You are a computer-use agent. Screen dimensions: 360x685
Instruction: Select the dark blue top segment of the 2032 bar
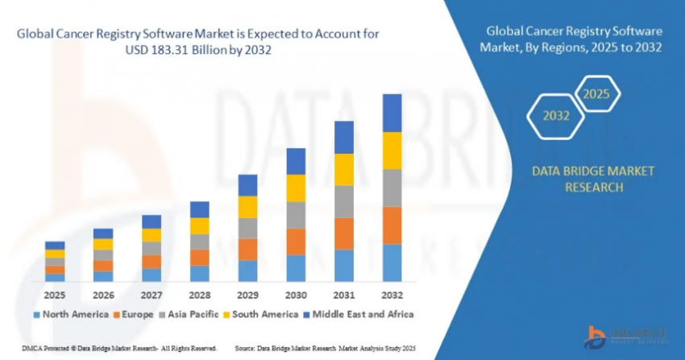(392, 113)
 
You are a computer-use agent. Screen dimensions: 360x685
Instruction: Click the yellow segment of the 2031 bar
(344, 169)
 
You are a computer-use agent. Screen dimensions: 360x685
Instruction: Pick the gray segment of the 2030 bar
(296, 214)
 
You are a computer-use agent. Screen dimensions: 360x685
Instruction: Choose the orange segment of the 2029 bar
(247, 249)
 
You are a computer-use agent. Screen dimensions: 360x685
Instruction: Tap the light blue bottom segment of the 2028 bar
(200, 274)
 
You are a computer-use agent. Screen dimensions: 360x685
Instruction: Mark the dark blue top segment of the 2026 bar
(103, 234)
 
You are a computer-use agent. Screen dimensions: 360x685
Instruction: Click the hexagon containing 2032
(556, 115)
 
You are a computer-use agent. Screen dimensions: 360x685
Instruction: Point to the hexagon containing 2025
(596, 94)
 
